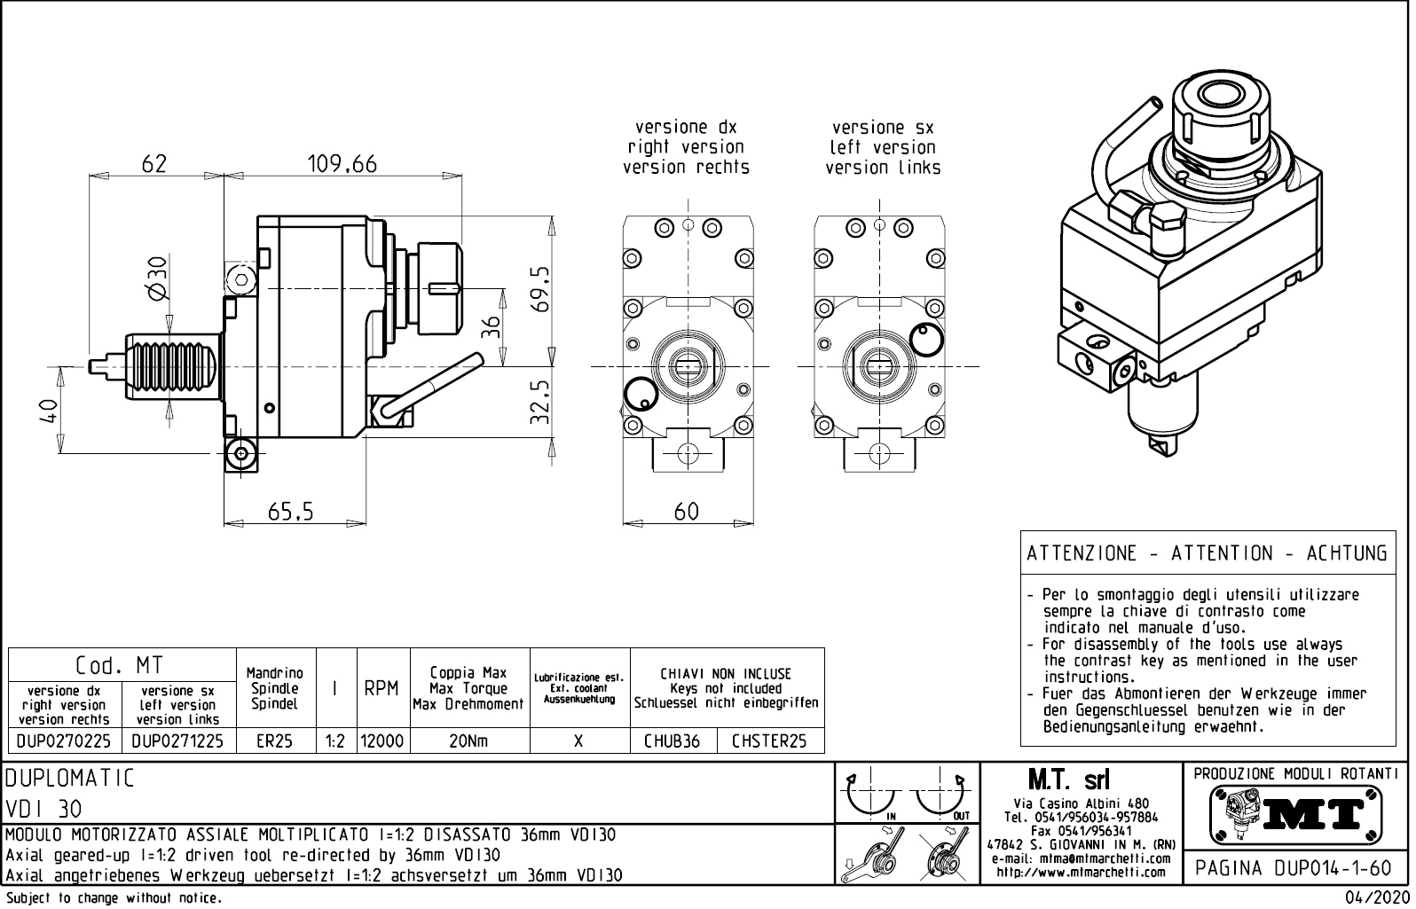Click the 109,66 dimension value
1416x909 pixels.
point(342,164)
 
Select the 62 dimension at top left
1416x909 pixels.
point(154,164)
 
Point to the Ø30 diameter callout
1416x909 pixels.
point(157,278)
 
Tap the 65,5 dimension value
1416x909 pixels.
point(291,512)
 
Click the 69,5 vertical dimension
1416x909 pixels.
point(540,288)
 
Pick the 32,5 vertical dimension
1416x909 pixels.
point(540,402)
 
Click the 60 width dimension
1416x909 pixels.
point(687,512)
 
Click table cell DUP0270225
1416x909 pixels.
point(64,741)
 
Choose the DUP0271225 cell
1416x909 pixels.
point(177,741)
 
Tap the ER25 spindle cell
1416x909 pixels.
point(274,741)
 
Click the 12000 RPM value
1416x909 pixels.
point(382,741)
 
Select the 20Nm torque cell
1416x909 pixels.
point(468,741)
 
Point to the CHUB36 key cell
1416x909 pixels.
point(672,741)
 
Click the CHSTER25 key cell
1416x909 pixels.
point(769,741)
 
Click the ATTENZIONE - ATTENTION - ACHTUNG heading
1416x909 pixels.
point(1207,553)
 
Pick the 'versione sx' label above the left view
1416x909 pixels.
point(883,128)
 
